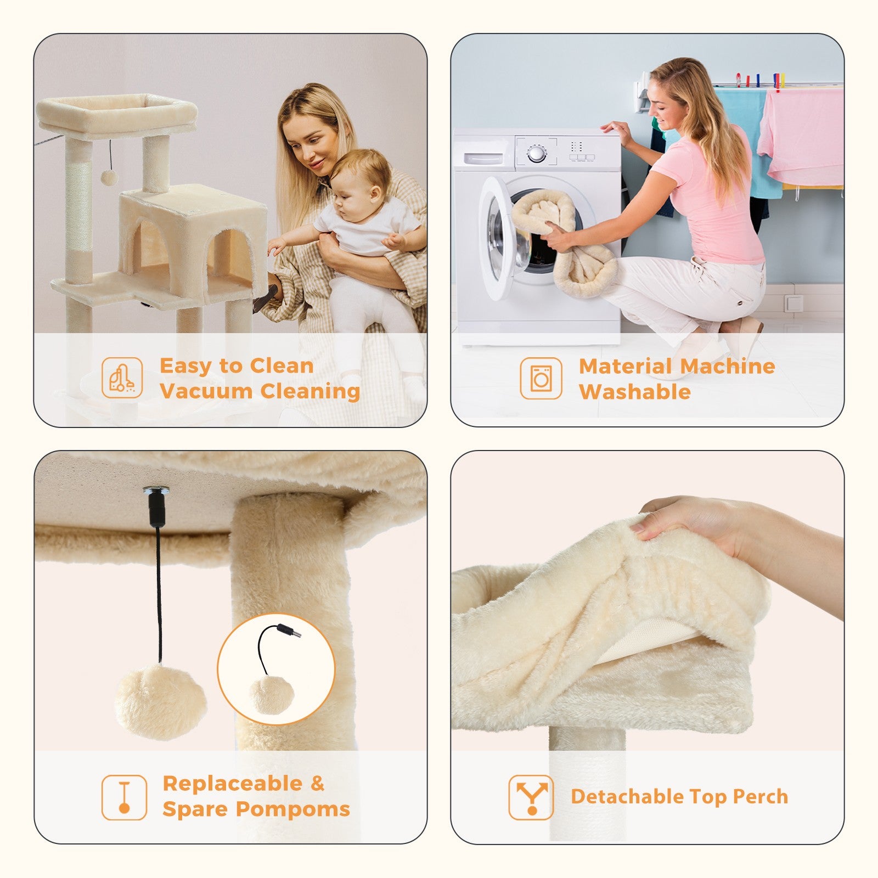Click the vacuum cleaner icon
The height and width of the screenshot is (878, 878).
[122, 378]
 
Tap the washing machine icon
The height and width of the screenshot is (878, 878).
[541, 378]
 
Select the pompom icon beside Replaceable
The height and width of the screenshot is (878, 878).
[124, 797]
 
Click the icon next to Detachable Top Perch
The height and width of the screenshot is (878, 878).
[531, 797]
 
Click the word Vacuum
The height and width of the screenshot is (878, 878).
[207, 391]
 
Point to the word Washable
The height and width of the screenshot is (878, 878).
[634, 392]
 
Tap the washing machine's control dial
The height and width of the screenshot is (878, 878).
[536, 154]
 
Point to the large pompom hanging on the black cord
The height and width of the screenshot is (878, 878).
[161, 702]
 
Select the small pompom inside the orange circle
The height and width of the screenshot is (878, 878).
[271, 695]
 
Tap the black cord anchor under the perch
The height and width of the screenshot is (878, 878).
[156, 505]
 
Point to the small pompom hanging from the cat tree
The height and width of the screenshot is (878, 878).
[109, 177]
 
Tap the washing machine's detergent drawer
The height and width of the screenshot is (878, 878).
[483, 159]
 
